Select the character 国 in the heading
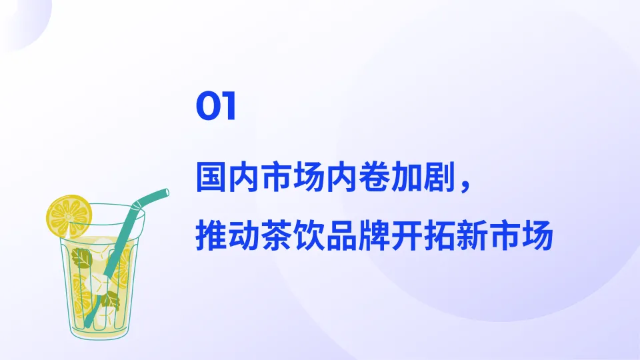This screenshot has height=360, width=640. tap(211, 177)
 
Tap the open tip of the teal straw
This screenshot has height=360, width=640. tap(165, 193)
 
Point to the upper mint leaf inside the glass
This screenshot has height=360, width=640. tap(82, 257)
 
